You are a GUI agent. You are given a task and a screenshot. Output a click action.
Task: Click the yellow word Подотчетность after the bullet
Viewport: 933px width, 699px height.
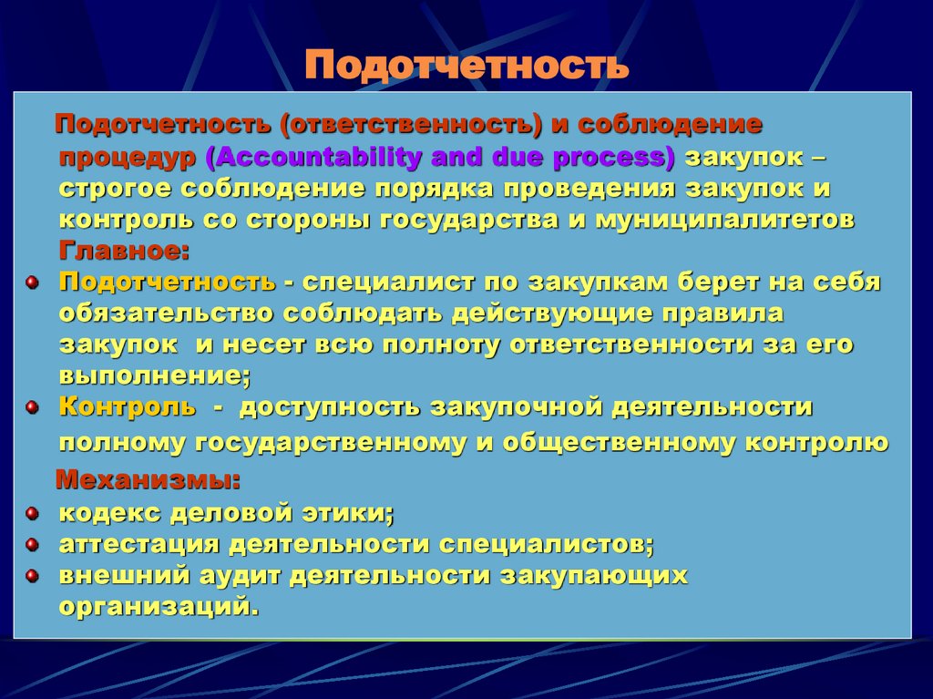(x=167, y=283)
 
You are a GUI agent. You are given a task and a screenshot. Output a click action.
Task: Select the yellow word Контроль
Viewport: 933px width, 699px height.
(x=128, y=406)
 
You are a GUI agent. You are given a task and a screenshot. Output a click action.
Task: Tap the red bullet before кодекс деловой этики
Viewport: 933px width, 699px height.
(x=32, y=513)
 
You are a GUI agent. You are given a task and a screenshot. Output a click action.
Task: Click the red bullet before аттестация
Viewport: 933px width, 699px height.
(x=32, y=544)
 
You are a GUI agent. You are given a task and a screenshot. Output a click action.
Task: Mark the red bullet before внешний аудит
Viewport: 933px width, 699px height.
(x=32, y=576)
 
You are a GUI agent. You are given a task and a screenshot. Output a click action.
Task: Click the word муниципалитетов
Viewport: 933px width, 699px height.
(x=725, y=221)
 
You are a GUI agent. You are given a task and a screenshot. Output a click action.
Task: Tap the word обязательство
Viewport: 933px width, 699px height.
(x=167, y=314)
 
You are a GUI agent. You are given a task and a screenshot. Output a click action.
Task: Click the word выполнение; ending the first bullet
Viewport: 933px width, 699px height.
(x=155, y=375)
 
